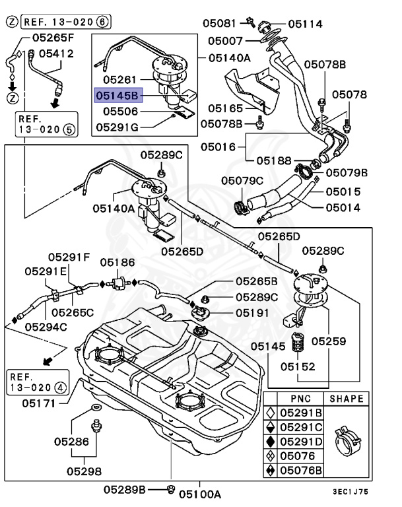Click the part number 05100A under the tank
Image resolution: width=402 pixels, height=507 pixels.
click(199, 492)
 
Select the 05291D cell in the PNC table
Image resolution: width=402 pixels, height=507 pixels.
click(301, 441)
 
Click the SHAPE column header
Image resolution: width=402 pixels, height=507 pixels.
click(346, 398)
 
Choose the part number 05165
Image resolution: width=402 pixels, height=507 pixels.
click(226, 108)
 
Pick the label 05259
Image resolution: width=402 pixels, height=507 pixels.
click(329, 341)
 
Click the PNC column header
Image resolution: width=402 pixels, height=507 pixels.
click(300, 398)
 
